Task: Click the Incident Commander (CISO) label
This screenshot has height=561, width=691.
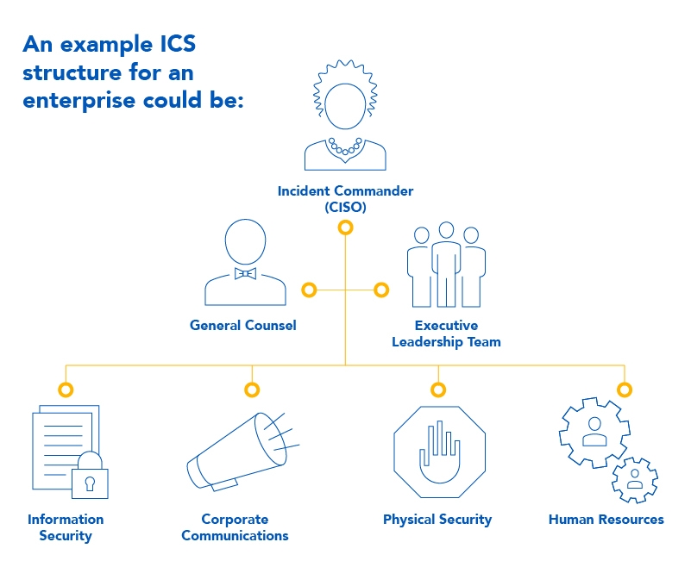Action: pyautogui.click(x=345, y=199)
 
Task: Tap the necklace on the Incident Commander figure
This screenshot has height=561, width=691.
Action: pyautogui.click(x=345, y=147)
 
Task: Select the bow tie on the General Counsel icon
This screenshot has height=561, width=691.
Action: pyautogui.click(x=246, y=273)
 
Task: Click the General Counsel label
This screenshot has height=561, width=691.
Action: pyautogui.click(x=242, y=326)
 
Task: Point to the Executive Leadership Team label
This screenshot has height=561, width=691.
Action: pyautogui.click(x=446, y=333)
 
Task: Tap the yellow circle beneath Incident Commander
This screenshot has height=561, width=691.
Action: pyautogui.click(x=345, y=228)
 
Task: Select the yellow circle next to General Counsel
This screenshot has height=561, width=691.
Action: pyautogui.click(x=309, y=290)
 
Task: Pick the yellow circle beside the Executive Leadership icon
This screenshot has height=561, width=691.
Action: pyautogui.click(x=381, y=290)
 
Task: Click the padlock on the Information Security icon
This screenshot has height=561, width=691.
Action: pyautogui.click(x=90, y=478)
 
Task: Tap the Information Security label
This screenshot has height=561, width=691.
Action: pyautogui.click(x=66, y=527)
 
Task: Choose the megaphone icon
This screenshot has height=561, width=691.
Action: pyautogui.click(x=242, y=452)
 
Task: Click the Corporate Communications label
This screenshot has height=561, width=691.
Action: pyautogui.click(x=235, y=527)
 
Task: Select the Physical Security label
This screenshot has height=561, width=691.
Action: pyautogui.click(x=437, y=520)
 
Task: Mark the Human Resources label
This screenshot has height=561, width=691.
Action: pyautogui.click(x=606, y=520)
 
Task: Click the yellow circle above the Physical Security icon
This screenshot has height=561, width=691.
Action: pyautogui.click(x=438, y=390)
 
